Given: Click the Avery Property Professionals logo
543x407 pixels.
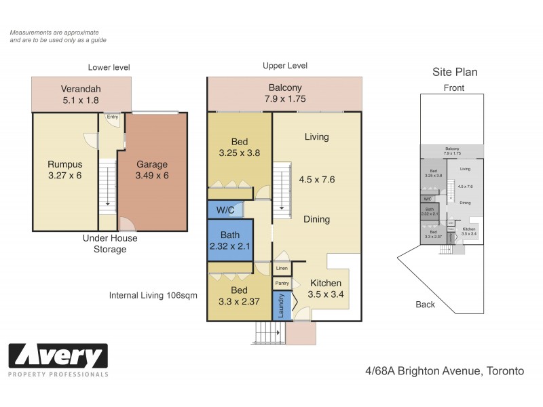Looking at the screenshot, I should pyautogui.click(x=58, y=360).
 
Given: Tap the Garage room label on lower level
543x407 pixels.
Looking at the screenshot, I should pyautogui.click(x=152, y=170).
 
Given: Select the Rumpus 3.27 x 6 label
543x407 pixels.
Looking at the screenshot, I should pyautogui.click(x=65, y=170).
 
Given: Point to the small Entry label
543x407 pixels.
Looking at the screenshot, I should pyautogui.click(x=112, y=117).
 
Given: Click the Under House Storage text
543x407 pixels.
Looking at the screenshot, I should pyautogui.click(x=110, y=244).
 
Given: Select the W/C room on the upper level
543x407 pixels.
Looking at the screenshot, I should pyautogui.click(x=225, y=210).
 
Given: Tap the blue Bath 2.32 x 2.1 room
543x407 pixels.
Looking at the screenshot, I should pyautogui.click(x=230, y=240).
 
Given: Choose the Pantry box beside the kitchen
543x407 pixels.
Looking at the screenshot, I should pyautogui.click(x=282, y=283).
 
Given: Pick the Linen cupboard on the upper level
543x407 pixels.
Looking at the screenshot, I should pyautogui.click(x=282, y=269).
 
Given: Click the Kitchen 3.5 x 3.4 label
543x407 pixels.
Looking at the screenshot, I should pyautogui.click(x=325, y=289).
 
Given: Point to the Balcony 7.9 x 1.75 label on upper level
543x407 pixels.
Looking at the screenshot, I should pyautogui.click(x=284, y=93).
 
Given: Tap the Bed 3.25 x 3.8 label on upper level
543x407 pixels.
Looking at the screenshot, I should pyautogui.click(x=239, y=147).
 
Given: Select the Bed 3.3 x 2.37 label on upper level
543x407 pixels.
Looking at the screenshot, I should pyautogui.click(x=239, y=296).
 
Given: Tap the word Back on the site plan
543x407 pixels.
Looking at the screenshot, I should pyautogui.click(x=425, y=305).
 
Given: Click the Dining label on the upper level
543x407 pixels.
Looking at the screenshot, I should pyautogui.click(x=316, y=219).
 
